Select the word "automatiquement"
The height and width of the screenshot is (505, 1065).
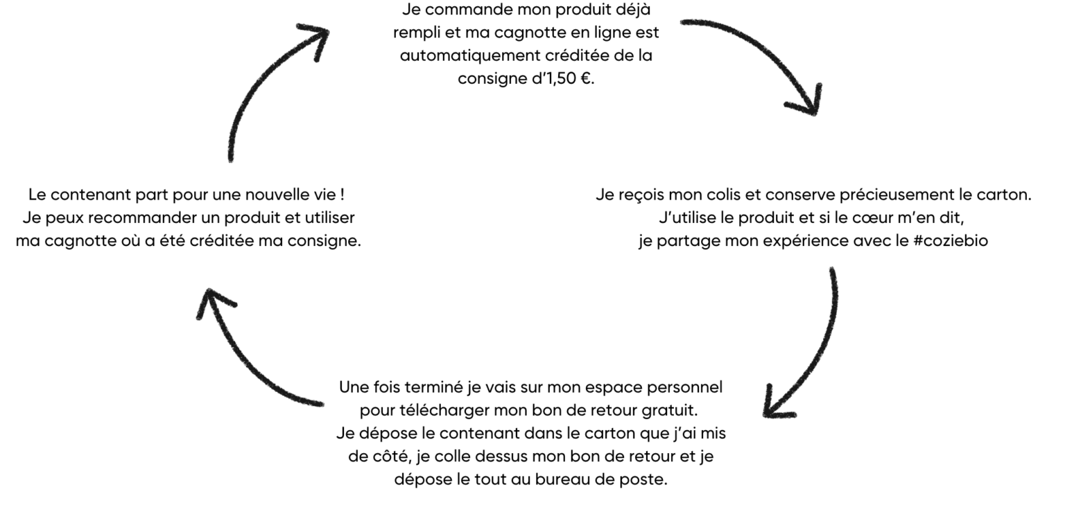tap(469, 56)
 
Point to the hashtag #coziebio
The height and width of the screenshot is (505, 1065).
tap(951, 241)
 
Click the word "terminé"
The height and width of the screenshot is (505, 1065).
tap(433, 388)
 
